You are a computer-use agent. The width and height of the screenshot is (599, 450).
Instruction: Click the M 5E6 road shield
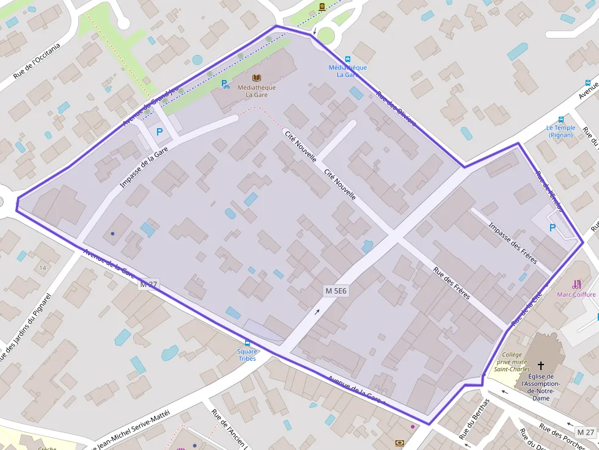click(336, 291)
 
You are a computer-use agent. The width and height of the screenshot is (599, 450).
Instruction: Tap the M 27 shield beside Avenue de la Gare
click(149, 284)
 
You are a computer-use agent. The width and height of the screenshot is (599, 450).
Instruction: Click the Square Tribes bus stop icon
click(248, 343)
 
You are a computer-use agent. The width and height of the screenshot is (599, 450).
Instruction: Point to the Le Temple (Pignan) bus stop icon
click(560, 120)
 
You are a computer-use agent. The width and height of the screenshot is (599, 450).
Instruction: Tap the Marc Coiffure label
click(576, 294)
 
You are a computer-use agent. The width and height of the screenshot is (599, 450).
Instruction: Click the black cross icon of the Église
click(540, 365)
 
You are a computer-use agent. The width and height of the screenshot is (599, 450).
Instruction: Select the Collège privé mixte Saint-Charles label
click(512, 361)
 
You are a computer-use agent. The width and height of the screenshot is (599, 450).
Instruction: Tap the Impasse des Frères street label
click(512, 243)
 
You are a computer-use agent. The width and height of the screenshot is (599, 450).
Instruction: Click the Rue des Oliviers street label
click(396, 109)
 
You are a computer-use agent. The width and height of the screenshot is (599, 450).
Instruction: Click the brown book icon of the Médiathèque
click(257, 78)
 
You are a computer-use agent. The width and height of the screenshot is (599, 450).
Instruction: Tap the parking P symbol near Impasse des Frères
click(553, 228)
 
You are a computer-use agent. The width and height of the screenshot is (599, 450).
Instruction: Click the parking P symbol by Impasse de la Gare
click(160, 131)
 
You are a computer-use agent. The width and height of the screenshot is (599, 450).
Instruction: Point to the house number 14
click(43, 268)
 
